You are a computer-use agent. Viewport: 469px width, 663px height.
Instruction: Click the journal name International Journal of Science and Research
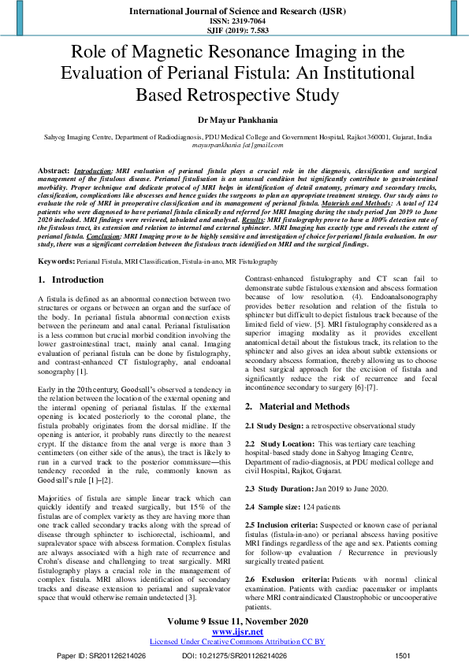[234, 11]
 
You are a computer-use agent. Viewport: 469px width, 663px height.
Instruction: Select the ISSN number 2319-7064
[234, 21]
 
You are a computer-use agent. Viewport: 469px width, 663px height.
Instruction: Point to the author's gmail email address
[234, 146]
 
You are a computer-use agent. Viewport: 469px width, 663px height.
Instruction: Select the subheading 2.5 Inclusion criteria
[285, 524]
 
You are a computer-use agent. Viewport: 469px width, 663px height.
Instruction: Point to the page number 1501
[402, 655]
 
